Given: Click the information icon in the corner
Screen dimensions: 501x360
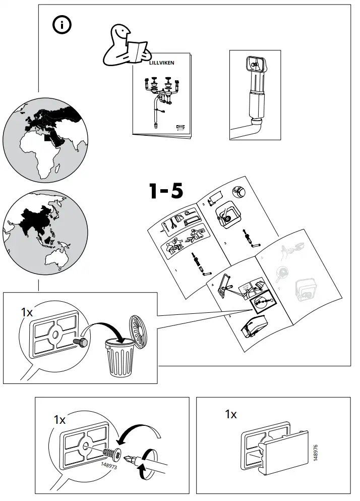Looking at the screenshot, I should coord(63,25).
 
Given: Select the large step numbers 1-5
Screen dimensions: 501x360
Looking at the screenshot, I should coord(166,192).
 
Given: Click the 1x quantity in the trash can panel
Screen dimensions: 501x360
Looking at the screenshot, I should coord(27,312).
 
